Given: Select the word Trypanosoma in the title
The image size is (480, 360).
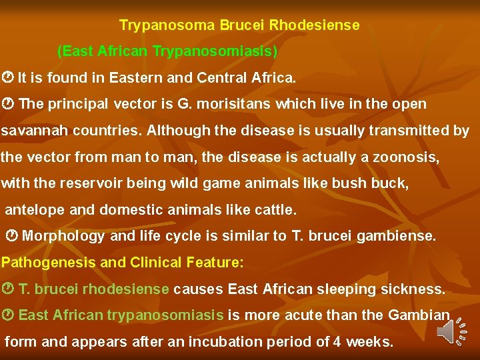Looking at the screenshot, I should [x=159, y=25].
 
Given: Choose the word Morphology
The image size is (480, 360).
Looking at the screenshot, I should [x=64, y=236].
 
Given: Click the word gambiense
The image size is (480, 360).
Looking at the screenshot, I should [x=399, y=236].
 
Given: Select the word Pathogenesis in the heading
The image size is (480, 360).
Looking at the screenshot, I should [x=49, y=263].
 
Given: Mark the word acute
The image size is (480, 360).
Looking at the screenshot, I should [x=302, y=315].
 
